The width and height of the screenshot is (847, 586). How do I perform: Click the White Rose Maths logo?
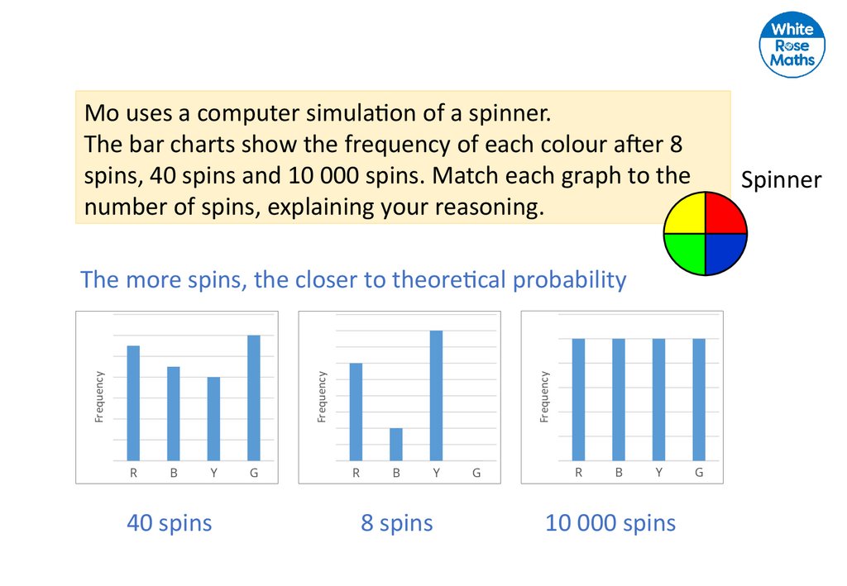click(x=792, y=45)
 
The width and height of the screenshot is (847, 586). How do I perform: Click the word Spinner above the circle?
click(x=781, y=180)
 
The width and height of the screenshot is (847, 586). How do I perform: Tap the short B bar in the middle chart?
click(x=396, y=444)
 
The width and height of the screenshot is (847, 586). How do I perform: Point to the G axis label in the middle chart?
click(x=476, y=474)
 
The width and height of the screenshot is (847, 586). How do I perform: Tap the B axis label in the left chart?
click(x=174, y=474)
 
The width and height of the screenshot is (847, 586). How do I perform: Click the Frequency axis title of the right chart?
click(x=544, y=397)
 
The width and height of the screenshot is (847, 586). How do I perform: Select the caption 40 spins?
click(x=169, y=523)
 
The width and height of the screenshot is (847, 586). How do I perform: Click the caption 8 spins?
click(x=396, y=523)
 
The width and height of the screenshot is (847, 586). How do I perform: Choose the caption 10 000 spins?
click(x=610, y=523)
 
